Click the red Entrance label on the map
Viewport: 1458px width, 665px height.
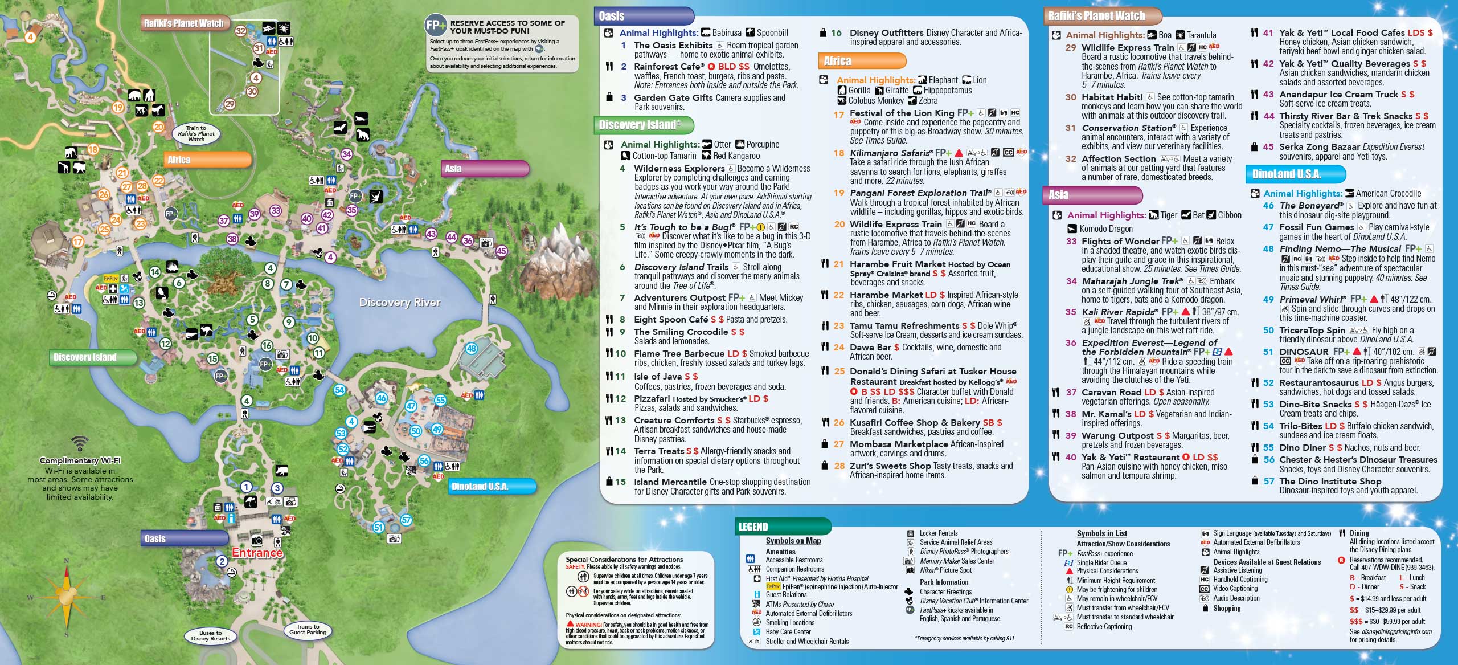pyautogui.click(x=257, y=553)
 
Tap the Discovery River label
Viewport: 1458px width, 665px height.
pyautogui.click(x=400, y=303)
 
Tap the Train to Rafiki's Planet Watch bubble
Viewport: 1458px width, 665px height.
pyautogui.click(x=196, y=133)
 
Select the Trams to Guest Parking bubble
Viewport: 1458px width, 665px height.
pyautogui.click(x=308, y=629)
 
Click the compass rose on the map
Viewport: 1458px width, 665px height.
pyautogui.click(x=67, y=597)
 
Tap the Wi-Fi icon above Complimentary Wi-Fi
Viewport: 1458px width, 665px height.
pyautogui.click(x=80, y=444)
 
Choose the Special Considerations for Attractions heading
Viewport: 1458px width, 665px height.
pyautogui.click(x=624, y=560)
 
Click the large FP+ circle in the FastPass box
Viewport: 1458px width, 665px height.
pyautogui.click(x=436, y=26)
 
